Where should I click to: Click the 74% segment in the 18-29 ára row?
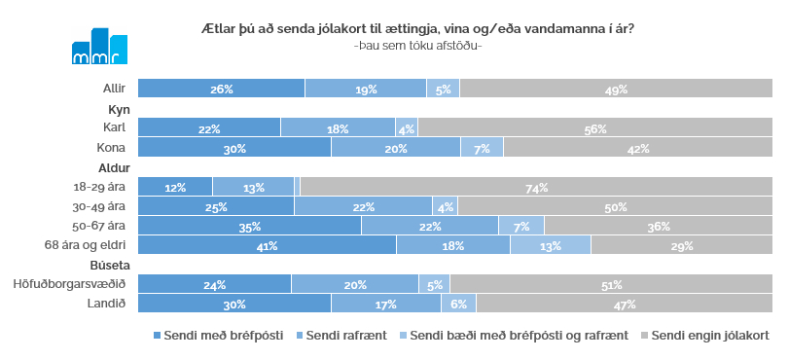coord(536,188)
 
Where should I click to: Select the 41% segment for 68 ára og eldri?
coord(267,246)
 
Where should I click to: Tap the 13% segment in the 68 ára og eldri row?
coord(550,246)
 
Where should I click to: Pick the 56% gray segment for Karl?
coord(594,128)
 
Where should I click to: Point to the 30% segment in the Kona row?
coord(234,148)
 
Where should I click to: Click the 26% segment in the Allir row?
coord(221,90)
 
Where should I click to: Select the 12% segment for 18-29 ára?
coord(175,188)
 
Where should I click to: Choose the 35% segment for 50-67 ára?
coord(249,227)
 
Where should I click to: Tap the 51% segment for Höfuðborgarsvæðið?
coord(611,285)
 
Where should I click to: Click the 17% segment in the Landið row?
coord(385,305)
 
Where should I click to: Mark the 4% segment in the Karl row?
coord(406,128)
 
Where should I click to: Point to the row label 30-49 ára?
coord(100,207)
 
